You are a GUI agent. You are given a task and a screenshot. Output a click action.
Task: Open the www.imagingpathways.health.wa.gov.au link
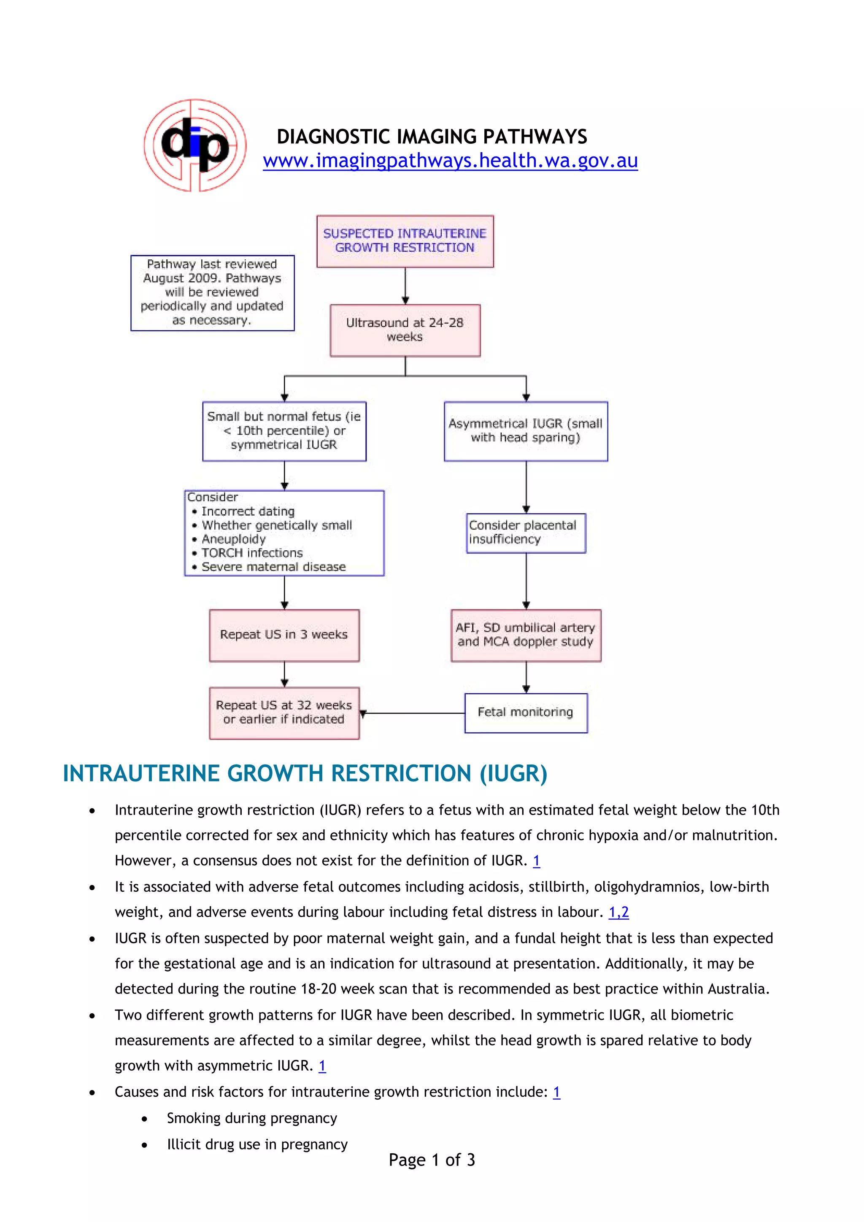click(450, 161)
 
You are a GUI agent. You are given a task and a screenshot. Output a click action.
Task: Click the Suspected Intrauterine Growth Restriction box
click(405, 241)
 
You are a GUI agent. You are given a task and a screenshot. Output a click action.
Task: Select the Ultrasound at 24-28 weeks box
click(405, 330)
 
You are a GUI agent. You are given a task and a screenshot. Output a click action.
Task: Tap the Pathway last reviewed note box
click(212, 293)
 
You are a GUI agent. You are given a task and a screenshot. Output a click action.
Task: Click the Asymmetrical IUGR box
click(525, 431)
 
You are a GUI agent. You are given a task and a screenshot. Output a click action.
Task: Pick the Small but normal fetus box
click(284, 431)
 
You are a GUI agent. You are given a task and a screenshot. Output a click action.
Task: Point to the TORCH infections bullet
click(251, 553)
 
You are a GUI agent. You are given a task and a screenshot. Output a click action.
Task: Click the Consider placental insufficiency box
click(525, 533)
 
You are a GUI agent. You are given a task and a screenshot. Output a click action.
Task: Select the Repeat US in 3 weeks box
click(284, 635)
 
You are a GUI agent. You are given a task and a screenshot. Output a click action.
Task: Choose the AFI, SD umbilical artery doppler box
click(525, 635)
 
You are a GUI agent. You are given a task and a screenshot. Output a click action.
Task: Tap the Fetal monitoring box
click(525, 713)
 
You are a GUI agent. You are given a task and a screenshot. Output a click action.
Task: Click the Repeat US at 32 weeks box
click(284, 713)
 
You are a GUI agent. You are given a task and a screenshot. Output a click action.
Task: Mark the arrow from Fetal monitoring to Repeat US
click(413, 713)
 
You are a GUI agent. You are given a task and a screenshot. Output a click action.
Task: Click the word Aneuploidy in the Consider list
click(233, 539)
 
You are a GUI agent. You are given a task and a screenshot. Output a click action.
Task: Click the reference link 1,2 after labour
click(618, 912)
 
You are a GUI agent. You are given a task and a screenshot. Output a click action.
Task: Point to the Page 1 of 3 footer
click(431, 1160)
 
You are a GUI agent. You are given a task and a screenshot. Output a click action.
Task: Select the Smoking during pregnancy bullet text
click(252, 1118)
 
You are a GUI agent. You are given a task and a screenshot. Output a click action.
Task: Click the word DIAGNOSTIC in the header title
click(334, 137)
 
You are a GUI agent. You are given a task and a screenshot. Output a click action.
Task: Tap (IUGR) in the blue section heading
click(513, 773)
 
